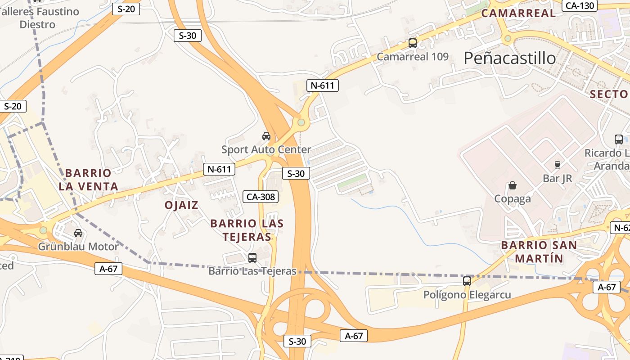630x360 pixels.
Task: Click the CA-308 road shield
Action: click(x=261, y=196)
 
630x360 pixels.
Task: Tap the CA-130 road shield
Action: click(x=580, y=5)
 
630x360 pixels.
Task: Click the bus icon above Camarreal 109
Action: click(x=412, y=43)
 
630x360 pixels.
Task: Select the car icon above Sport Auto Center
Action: click(x=266, y=136)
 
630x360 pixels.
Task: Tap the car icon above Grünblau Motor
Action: click(x=78, y=233)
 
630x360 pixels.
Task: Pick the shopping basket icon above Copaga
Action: click(x=512, y=185)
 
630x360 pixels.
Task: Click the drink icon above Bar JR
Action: click(x=557, y=165)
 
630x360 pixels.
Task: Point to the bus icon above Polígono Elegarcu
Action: click(x=467, y=281)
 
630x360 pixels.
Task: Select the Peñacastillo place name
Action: click(x=509, y=58)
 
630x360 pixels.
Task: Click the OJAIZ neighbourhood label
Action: click(x=181, y=205)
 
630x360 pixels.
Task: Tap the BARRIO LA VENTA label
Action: click(x=88, y=180)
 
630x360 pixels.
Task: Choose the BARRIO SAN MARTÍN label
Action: click(x=539, y=252)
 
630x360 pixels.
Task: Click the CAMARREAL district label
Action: click(x=518, y=13)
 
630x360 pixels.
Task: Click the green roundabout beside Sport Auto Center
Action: click(x=301, y=122)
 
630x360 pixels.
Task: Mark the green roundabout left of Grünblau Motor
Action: click(x=43, y=230)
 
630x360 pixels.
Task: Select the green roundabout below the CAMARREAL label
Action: click(x=508, y=38)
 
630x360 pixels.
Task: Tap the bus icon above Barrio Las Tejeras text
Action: click(x=252, y=258)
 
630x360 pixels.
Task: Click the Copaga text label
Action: click(x=512, y=199)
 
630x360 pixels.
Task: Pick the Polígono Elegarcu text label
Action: click(x=467, y=295)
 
